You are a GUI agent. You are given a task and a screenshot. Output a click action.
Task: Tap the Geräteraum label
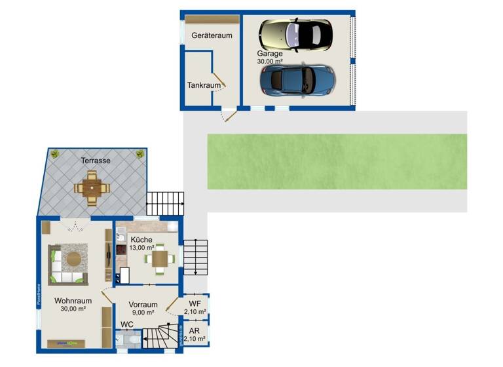pyautogui.click(x=212, y=35)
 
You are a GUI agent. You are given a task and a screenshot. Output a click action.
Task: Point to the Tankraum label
pyautogui.click(x=204, y=85)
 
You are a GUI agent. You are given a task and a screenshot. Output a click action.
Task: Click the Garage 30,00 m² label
pyautogui.click(x=270, y=57)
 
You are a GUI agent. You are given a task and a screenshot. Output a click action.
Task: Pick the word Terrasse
pyautogui.click(x=95, y=160)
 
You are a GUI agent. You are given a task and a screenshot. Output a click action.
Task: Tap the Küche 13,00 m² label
pyautogui.click(x=141, y=243)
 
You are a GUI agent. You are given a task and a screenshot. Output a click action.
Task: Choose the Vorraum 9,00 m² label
pyautogui.click(x=143, y=309)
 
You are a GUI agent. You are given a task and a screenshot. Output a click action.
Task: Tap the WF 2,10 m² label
pyautogui.click(x=195, y=307)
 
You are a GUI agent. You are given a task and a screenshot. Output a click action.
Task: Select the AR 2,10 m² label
pyautogui.click(x=195, y=335)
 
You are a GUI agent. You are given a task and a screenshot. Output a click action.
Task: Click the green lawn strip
pyautogui.click(x=337, y=161)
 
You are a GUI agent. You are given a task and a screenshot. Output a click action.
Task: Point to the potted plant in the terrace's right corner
pyautogui.click(x=140, y=153)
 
